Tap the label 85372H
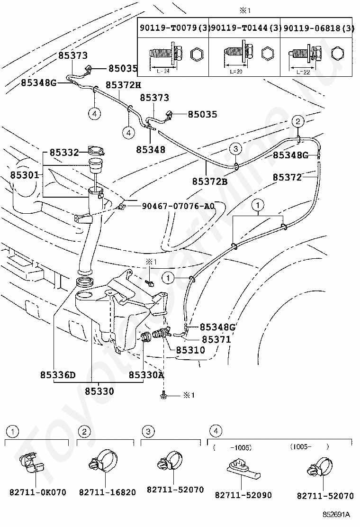(123, 85)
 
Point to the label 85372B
(210, 181)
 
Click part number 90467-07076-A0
(177, 207)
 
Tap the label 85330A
(146, 375)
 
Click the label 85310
(190, 350)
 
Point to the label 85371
(216, 339)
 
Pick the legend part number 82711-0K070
(38, 492)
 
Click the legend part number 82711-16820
(107, 492)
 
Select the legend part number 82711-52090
(243, 495)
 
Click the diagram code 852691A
(336, 514)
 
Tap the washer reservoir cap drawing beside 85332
(97, 151)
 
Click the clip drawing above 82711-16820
(102, 462)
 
